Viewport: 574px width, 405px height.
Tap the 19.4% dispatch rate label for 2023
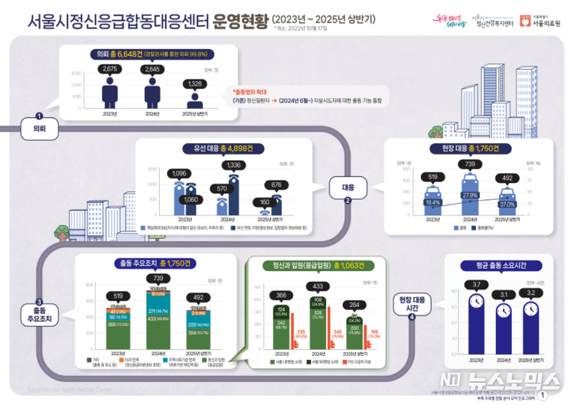[x=433, y=202]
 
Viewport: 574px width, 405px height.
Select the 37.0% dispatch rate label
[x=507, y=204]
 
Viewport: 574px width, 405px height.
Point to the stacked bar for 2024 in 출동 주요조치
[x=159, y=314]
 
